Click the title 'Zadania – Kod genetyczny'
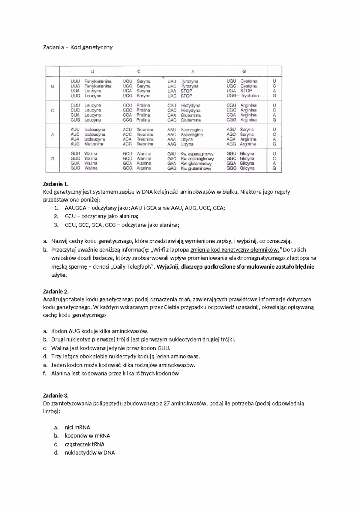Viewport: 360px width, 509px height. click(x=78, y=47)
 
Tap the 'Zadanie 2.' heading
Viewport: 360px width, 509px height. click(x=56, y=291)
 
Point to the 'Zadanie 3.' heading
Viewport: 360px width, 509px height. click(x=56, y=395)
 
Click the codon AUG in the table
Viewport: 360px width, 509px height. click(x=75, y=144)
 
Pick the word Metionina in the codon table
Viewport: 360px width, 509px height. click(x=94, y=144)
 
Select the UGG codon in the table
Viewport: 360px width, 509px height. click(x=231, y=96)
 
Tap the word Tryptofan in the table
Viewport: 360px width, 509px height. click(x=250, y=96)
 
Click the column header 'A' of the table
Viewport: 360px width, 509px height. click(x=193, y=71)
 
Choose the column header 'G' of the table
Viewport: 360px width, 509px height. click(x=244, y=71)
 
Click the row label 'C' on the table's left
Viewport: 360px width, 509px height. click(x=53, y=110)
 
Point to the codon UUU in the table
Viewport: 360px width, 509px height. click(x=75, y=81)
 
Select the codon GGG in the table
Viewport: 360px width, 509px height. click(x=231, y=168)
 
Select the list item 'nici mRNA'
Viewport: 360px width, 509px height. click(x=77, y=427)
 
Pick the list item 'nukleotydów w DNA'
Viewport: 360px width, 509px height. click(x=90, y=453)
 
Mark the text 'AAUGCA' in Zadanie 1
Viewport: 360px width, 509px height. click(x=75, y=208)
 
